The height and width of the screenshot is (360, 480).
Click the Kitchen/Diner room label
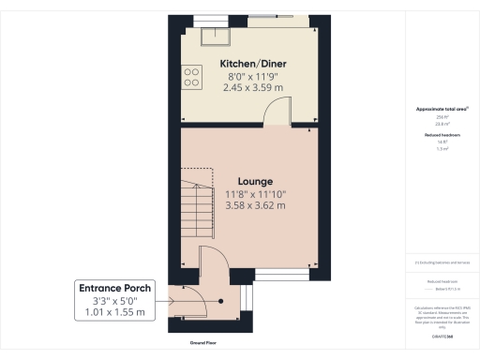click(253, 63)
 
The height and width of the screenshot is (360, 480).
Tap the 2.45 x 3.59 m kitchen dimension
click(253, 86)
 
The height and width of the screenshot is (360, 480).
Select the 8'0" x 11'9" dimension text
click(253, 75)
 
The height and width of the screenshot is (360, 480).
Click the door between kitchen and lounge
click(277, 114)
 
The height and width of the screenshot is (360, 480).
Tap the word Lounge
click(255, 181)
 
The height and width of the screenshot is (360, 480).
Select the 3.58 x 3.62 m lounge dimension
click(255, 205)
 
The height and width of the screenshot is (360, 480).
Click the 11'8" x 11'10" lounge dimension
click(255, 193)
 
